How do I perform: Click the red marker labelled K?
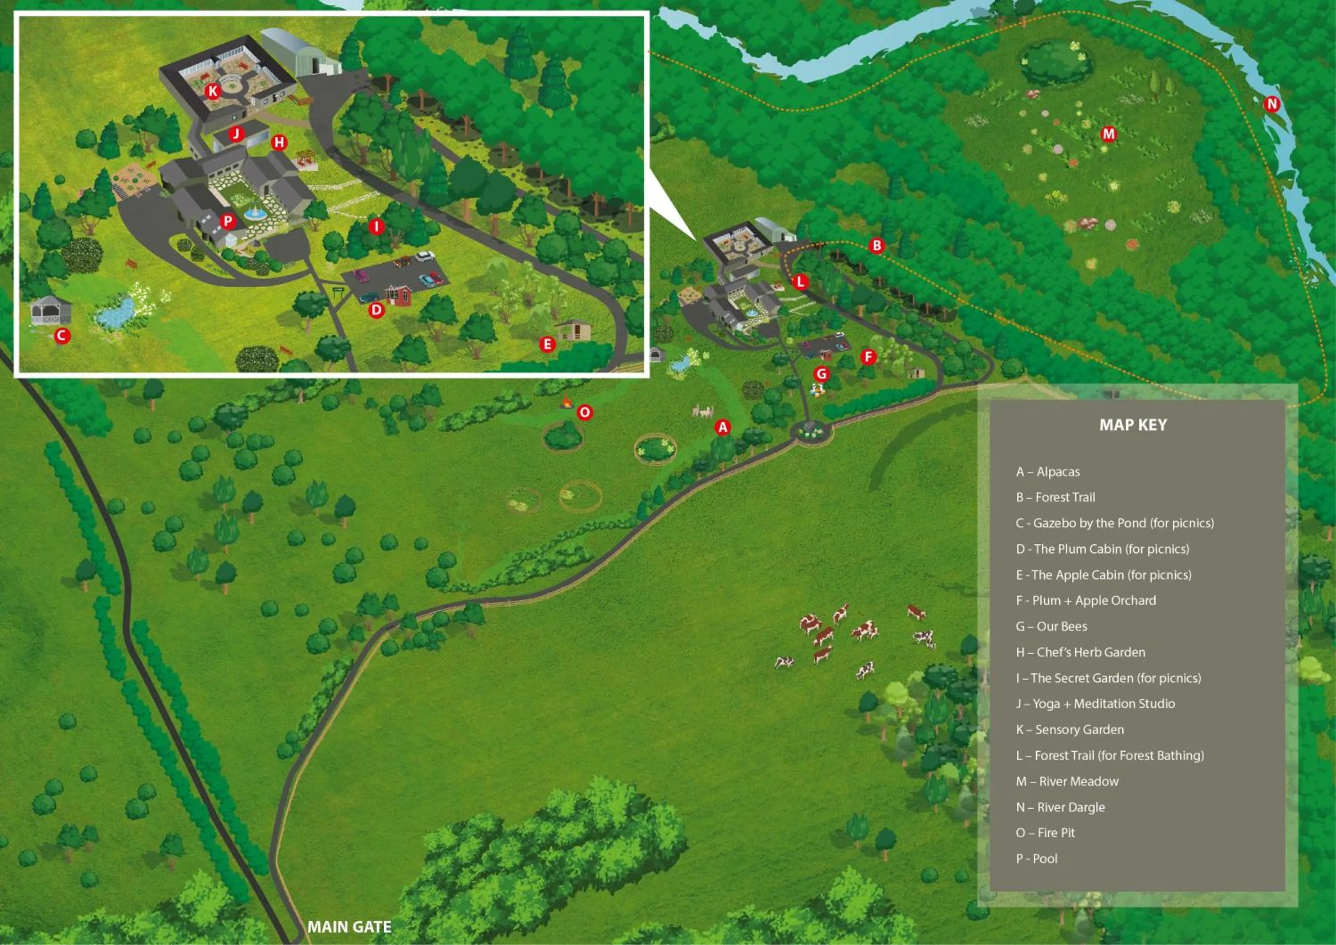pos(213,91)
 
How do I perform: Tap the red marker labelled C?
pos(62,336)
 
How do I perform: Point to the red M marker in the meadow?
pos(1108,134)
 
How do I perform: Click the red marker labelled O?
pos(584,412)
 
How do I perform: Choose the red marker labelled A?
pos(723,428)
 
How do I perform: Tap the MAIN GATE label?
pos(349,926)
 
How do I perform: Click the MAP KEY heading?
pos(1133,425)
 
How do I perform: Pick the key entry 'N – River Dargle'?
pos(1060,807)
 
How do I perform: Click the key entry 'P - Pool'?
pos(1036,858)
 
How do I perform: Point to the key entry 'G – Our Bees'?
pos(1051,626)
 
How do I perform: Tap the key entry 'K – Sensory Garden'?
pos(1070,729)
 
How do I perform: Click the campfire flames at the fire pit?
pos(566,402)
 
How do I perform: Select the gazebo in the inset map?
pos(51,310)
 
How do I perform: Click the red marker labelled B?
pos(877,245)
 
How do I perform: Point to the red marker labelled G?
pos(822,374)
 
